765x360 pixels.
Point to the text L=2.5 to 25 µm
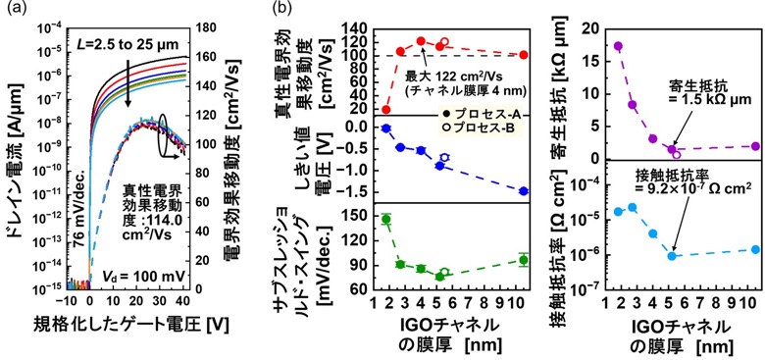tap(127, 45)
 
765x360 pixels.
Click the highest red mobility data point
tap(421, 42)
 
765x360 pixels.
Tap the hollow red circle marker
tap(444, 42)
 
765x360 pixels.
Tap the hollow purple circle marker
tap(677, 155)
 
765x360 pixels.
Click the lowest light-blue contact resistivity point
tap(671, 256)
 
